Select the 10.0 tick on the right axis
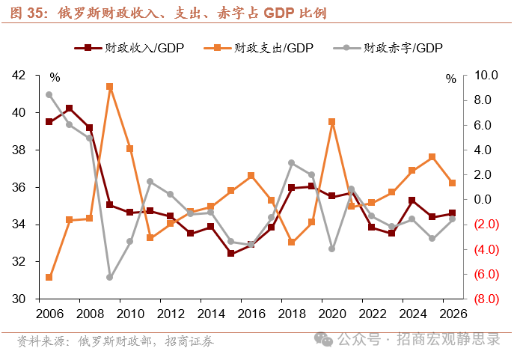click(476, 76)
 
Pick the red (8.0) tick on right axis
click(476, 299)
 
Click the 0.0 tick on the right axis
click(476, 200)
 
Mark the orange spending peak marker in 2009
click(110, 87)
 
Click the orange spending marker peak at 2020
click(332, 121)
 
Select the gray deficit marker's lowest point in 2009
click(110, 277)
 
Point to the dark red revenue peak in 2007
click(70, 109)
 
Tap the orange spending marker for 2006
click(49, 277)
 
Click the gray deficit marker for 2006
click(49, 95)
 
